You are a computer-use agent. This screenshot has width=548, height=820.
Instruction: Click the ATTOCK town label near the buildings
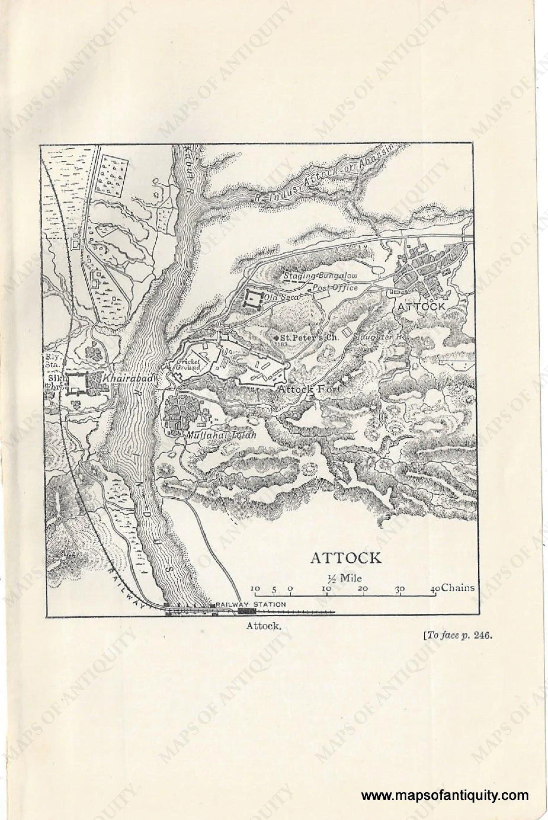click(x=421, y=306)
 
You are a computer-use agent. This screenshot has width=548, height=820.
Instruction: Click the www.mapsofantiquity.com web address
click(x=445, y=786)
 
